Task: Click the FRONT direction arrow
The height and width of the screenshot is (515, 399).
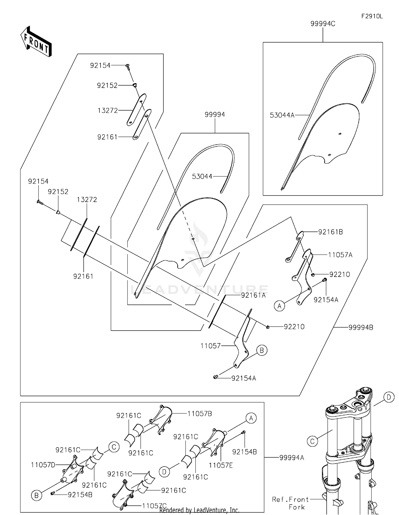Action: [x=36, y=42]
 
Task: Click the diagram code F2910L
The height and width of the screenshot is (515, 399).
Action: [x=372, y=16]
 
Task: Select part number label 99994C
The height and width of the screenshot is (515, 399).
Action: [x=323, y=24]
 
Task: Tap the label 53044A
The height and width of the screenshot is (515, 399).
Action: [x=282, y=115]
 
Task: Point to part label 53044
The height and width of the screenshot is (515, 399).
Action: [x=202, y=176]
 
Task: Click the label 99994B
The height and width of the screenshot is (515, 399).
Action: [x=360, y=328]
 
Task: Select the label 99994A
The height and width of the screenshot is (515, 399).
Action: [x=292, y=458]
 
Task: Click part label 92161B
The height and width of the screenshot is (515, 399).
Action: [x=330, y=232]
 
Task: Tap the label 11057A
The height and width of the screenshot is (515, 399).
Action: [x=340, y=255]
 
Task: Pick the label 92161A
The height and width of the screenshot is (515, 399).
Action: [x=253, y=295]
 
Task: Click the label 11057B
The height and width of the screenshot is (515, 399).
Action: [x=199, y=414]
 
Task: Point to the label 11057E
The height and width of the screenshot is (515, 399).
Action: [x=221, y=465]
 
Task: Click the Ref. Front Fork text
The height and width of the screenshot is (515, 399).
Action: [x=290, y=503]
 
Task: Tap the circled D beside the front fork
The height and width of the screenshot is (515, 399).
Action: [x=389, y=398]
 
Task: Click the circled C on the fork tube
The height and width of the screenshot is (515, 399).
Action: [x=312, y=441]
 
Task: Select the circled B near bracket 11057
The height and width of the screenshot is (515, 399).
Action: [x=261, y=350]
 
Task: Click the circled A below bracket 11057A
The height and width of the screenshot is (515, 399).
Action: [x=279, y=306]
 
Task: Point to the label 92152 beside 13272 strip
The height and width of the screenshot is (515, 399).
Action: [x=58, y=192]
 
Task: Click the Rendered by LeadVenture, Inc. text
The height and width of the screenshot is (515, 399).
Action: [x=199, y=510]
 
